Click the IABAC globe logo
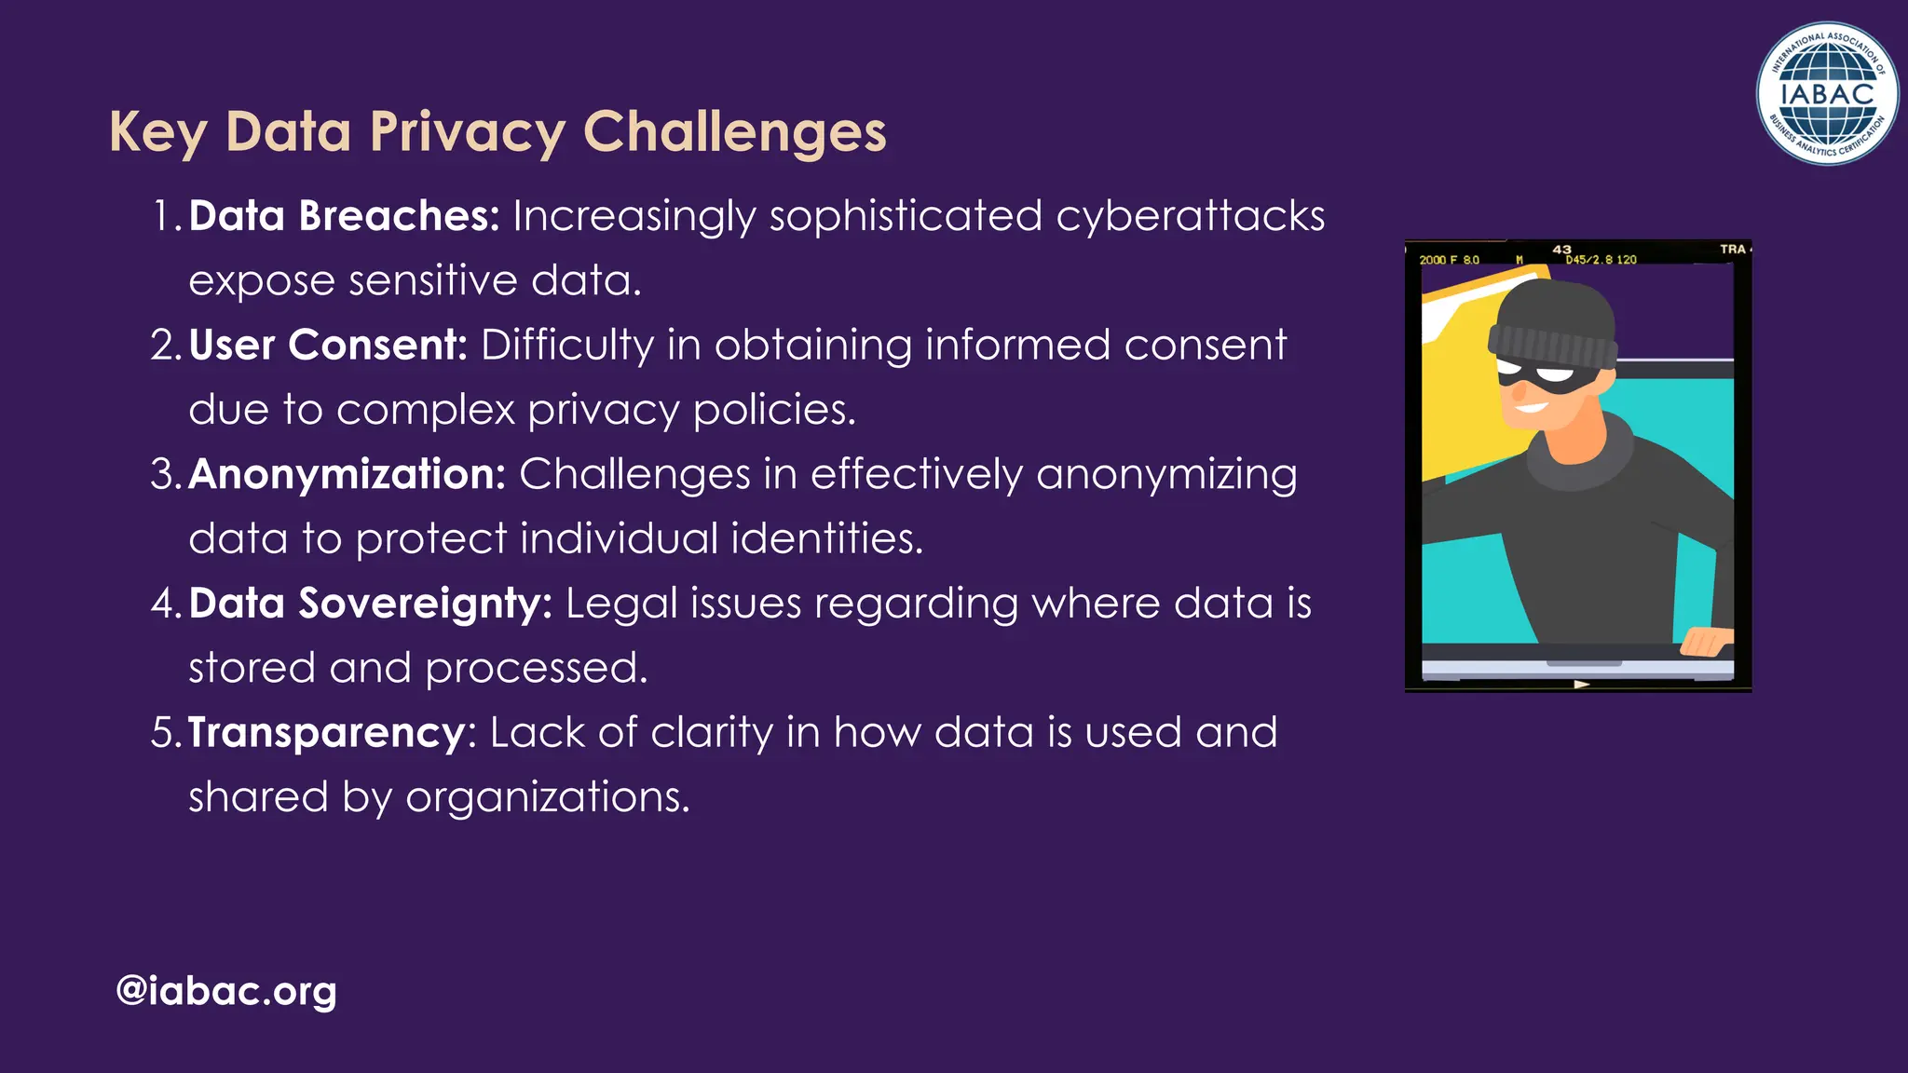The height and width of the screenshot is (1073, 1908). tap(1826, 93)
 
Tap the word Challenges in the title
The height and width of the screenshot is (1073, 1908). tap(734, 132)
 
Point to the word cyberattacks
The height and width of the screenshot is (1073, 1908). tap(1190, 216)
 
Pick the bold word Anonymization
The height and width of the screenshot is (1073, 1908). tap(347, 474)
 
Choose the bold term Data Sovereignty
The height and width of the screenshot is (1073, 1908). tap(370, 604)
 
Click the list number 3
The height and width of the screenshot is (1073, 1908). tap(163, 474)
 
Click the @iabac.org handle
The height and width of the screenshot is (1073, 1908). tap(225, 991)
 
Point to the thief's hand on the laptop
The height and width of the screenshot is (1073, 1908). tap(1707, 641)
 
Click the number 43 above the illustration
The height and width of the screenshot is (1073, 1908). tap(1562, 250)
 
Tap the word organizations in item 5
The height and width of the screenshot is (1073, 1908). tap(548, 797)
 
